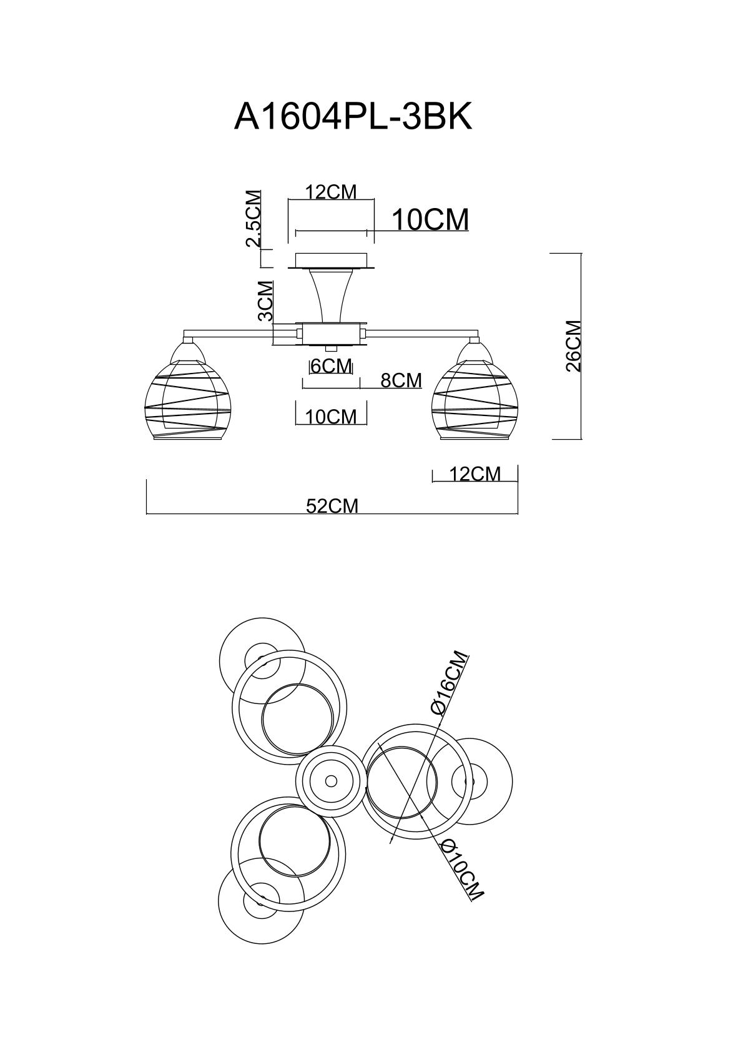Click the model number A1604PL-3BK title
[353, 116]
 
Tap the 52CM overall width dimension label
[332, 505]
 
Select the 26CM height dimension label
[573, 346]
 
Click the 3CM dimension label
[266, 300]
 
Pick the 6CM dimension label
[332, 366]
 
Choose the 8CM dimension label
[401, 380]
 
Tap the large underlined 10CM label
[430, 220]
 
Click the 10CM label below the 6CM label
[331, 417]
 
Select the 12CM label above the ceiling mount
[331, 192]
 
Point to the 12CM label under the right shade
[475, 474]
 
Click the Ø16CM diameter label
[450, 682]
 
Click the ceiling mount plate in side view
[331, 261]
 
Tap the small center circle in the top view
[331, 781]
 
